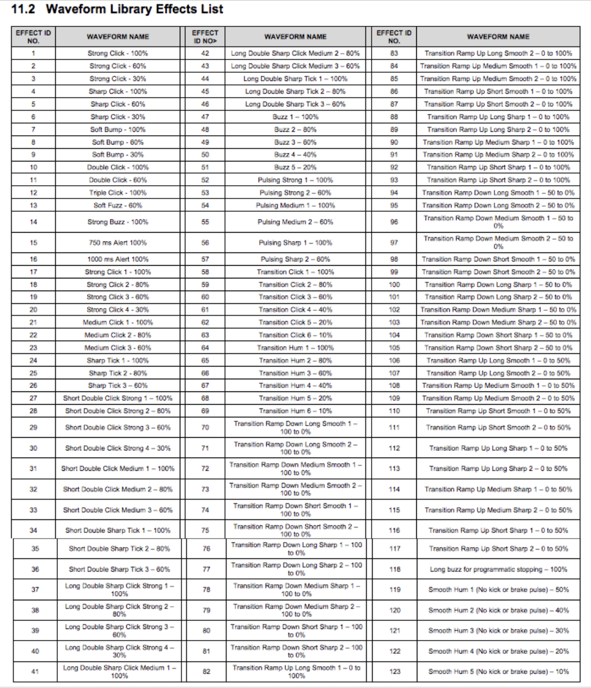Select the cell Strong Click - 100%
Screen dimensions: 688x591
117,53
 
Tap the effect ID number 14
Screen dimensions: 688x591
33,222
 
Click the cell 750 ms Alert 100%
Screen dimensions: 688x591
117,243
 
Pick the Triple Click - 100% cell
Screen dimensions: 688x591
117,193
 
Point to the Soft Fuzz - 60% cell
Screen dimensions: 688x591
117,206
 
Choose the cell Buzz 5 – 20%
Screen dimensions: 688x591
295,168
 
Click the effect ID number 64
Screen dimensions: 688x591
205,348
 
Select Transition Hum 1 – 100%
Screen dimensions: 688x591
295,348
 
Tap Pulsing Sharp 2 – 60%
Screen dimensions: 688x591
295,259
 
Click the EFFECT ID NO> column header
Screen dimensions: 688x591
205,36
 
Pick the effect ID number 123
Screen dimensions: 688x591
395,671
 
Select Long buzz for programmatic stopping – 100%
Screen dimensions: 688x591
498,569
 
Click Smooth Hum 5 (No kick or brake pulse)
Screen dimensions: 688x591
498,671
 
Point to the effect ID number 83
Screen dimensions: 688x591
394,53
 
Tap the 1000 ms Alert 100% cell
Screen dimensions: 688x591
117,259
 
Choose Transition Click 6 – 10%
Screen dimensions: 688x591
295,335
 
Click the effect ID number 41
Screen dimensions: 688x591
35,671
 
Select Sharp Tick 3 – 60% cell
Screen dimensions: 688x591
117,386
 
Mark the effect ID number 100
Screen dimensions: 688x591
394,285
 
